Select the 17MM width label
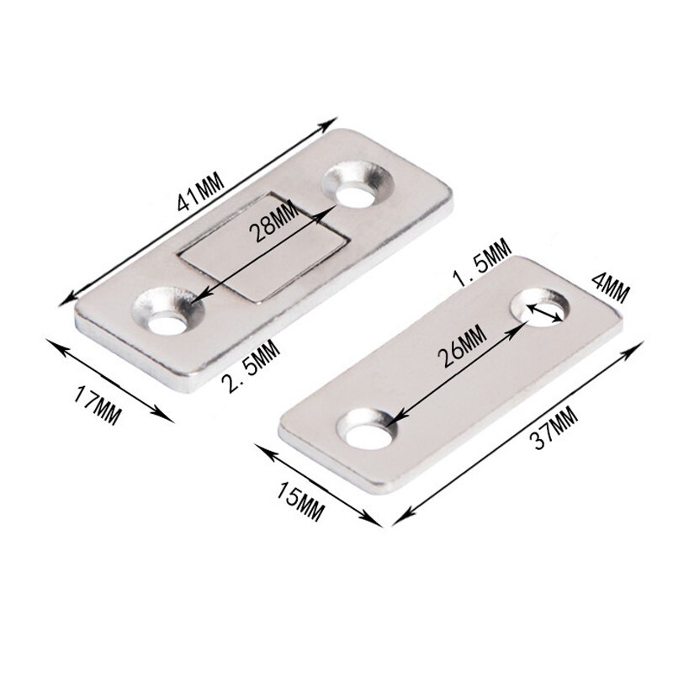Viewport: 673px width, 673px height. click(98, 402)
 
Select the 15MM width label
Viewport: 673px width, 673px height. click(298, 495)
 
